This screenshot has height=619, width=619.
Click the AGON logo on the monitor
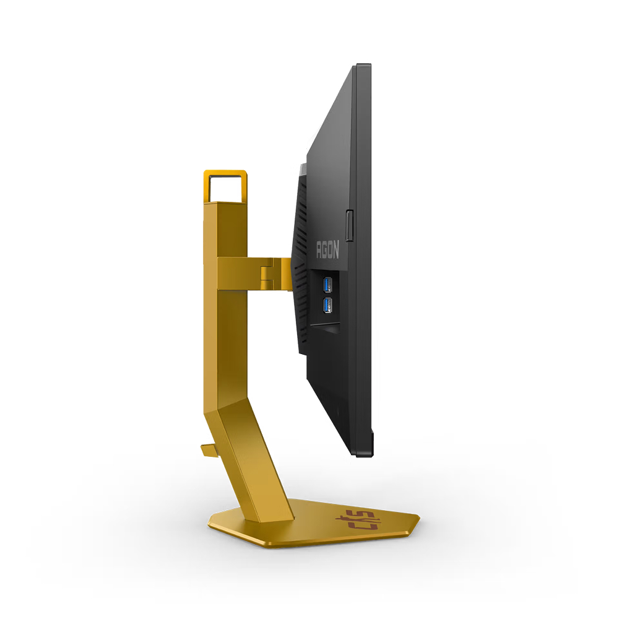327,251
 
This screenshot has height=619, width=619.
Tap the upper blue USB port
327,285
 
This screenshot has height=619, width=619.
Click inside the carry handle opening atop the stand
225,188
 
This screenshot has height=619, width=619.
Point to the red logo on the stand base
365,521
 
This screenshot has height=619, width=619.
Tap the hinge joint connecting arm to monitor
269,274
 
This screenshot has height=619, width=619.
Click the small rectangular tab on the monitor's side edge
350,225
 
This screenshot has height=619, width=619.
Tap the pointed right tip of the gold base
418,517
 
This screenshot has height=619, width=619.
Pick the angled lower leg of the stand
260,458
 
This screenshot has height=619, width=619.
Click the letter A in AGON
319,251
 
